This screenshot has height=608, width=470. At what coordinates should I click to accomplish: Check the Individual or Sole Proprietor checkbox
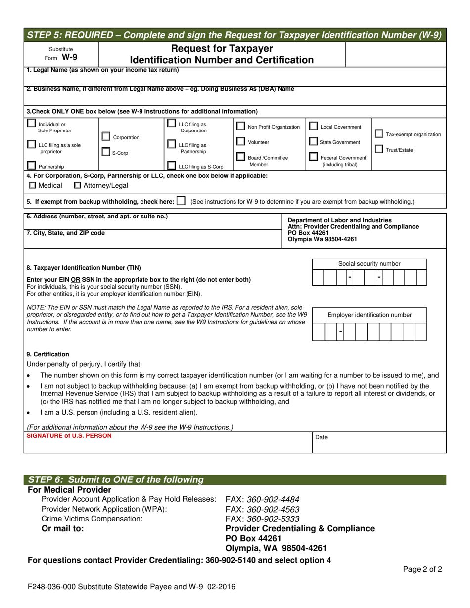[31, 124]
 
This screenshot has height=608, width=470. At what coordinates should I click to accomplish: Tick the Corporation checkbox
[106, 136]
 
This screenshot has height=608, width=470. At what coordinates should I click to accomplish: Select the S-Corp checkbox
[106, 153]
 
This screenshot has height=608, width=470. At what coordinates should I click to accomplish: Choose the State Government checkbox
[313, 142]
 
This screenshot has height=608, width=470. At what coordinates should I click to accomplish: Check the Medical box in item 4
[31, 186]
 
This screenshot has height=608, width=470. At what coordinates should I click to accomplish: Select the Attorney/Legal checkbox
[77, 186]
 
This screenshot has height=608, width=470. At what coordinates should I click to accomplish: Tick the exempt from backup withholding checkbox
[181, 201]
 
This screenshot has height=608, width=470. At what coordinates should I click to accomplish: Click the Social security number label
[370, 264]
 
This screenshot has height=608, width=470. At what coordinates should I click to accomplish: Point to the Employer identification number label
[370, 315]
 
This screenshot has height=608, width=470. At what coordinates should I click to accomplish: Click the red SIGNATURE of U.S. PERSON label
[69, 436]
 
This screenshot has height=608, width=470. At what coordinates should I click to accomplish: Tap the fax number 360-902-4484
[262, 499]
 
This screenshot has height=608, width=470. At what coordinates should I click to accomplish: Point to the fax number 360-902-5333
[262, 519]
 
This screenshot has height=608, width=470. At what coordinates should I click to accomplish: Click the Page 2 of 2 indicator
[423, 569]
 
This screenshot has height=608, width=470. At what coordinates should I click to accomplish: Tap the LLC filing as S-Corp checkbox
[172, 166]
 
